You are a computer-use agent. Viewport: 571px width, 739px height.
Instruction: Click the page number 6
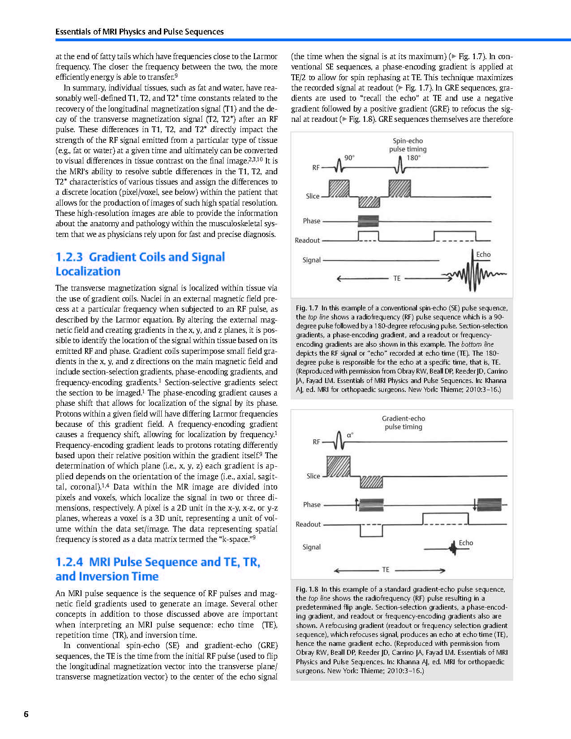pyautogui.click(x=26, y=714)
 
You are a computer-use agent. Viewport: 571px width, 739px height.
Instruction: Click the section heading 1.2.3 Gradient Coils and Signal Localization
pyautogui.click(x=140, y=264)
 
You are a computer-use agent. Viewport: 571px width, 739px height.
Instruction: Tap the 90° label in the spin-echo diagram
pyautogui.click(x=349, y=158)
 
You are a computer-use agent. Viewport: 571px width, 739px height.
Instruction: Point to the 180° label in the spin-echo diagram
pyautogui.click(x=413, y=158)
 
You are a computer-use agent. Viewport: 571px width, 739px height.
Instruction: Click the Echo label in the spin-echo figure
pyautogui.click(x=483, y=254)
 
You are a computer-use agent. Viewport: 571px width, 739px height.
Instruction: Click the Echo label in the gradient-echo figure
pyautogui.click(x=466, y=543)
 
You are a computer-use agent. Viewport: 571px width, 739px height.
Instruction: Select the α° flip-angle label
pyautogui.click(x=350, y=435)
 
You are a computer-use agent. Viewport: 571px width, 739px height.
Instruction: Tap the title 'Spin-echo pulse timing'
pyautogui.click(x=408, y=145)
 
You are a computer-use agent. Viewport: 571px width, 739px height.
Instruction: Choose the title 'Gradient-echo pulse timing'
pyautogui.click(x=404, y=422)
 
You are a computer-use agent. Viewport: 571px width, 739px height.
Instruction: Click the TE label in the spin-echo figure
pyautogui.click(x=397, y=278)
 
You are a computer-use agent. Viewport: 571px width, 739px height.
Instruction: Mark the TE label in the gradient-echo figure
pyautogui.click(x=386, y=570)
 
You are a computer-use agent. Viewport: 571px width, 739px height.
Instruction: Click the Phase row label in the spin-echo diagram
pyautogui.click(x=312, y=221)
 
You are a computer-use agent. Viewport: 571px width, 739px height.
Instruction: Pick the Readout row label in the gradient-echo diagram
pyautogui.click(x=308, y=524)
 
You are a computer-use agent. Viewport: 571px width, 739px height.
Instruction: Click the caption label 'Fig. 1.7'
pyautogui.click(x=307, y=308)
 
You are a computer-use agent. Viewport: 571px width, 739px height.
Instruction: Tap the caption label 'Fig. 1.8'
pyautogui.click(x=307, y=589)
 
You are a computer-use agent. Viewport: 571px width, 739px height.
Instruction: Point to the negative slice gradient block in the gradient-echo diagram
pyautogui.click(x=371, y=482)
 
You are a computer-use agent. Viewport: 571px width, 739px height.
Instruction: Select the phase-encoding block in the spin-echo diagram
pyautogui.click(x=368, y=221)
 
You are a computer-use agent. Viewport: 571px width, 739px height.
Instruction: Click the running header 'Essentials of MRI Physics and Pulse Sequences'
pyautogui.click(x=139, y=32)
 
